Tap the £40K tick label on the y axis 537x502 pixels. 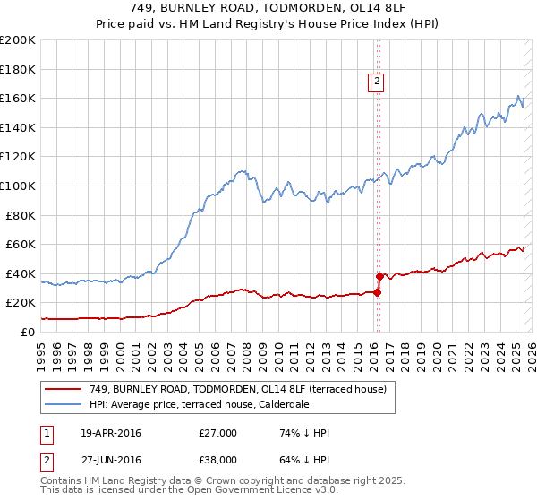(x=21, y=273)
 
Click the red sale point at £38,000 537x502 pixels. (x=379, y=276)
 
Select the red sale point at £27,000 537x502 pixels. (x=377, y=292)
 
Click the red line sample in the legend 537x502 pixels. (x=63, y=389)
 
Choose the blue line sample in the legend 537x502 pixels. (x=63, y=405)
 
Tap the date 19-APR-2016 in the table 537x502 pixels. (x=111, y=433)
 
